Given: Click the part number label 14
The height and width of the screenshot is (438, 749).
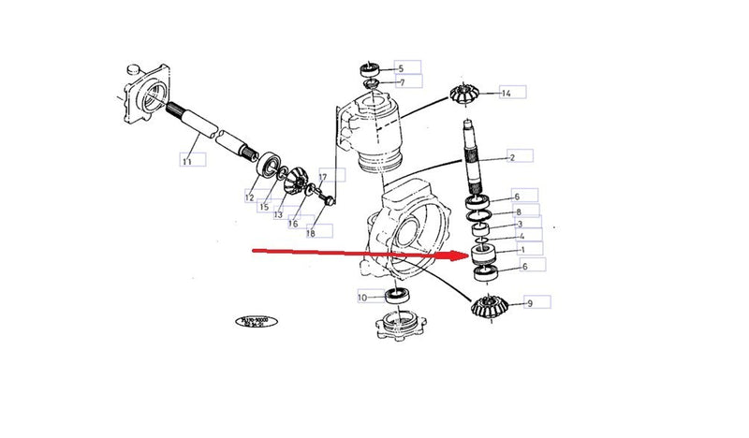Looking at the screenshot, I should click(507, 93).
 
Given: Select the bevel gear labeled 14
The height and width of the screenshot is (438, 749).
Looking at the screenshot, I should click(464, 95).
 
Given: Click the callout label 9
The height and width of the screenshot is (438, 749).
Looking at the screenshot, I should click(530, 302).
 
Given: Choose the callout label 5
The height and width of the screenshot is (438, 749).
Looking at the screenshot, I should click(401, 67).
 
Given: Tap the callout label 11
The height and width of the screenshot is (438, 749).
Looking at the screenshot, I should click(186, 161).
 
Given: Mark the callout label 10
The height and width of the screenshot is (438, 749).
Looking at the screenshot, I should click(362, 298).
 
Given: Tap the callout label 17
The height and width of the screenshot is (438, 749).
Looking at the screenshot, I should click(322, 176).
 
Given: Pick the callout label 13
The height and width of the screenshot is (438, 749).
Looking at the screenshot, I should click(278, 214).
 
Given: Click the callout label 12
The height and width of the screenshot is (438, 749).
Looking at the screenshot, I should click(249, 197).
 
